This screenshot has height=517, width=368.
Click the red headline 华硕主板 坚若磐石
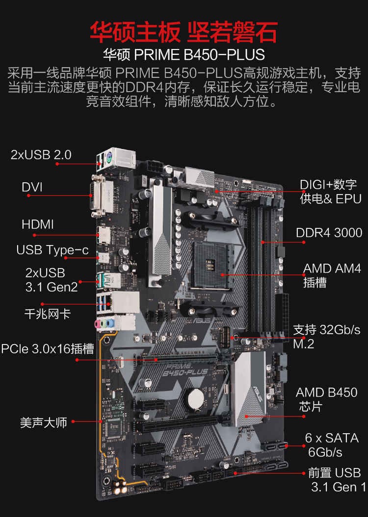tap(184, 31)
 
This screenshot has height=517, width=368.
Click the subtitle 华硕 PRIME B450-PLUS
tap(184, 54)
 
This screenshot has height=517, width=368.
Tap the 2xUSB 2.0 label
tap(41, 155)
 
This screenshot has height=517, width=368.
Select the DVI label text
tap(32, 187)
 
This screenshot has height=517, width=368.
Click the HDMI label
tap(38, 224)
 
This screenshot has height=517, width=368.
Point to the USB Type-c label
tap(53, 250)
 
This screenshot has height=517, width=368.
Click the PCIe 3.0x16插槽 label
tap(48, 349)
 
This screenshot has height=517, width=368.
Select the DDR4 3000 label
tap(329, 232)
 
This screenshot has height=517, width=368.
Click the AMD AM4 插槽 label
tap(332, 275)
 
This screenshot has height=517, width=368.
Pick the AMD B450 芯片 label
tap(326, 399)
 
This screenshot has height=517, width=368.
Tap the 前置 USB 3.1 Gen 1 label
tap(337, 480)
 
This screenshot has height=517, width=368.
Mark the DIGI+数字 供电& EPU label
tap(331, 191)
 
